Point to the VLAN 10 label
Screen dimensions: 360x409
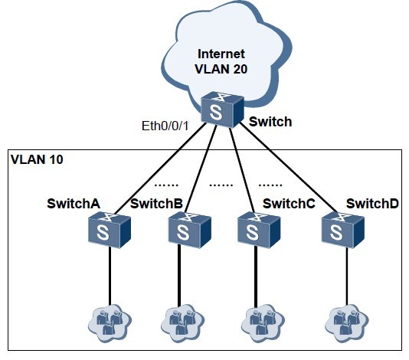(37, 161)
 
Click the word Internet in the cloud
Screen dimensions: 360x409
(221, 54)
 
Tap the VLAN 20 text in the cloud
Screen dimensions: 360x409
(221, 70)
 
